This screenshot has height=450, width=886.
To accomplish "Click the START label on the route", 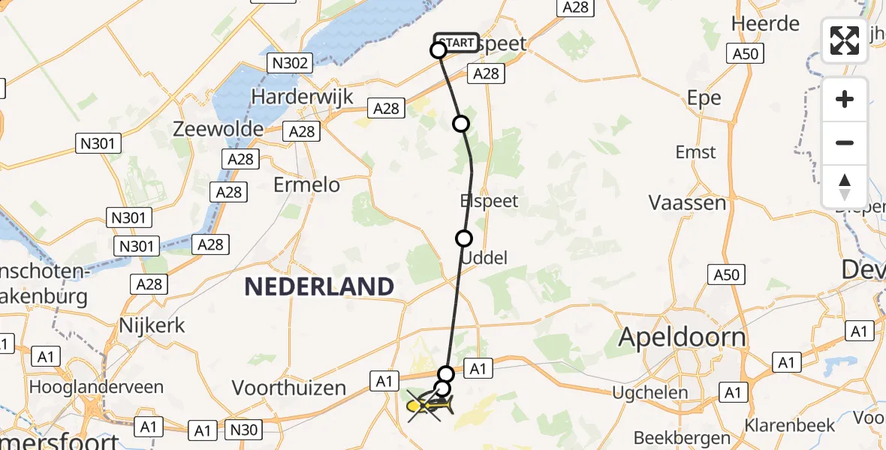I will click(x=456, y=43).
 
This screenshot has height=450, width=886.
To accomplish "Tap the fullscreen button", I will click(x=845, y=40).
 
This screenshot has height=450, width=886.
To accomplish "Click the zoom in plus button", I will click(x=845, y=99).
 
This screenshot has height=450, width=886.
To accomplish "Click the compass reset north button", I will click(x=845, y=187).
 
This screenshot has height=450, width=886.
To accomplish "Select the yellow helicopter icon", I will click(x=429, y=406).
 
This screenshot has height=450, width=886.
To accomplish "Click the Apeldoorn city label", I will click(x=682, y=337).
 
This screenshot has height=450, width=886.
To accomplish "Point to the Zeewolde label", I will click(x=218, y=128).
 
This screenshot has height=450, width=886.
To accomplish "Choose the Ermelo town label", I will click(x=306, y=184).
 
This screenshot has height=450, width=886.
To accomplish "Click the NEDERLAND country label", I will click(x=319, y=286).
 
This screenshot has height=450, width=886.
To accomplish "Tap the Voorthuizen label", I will click(x=289, y=388).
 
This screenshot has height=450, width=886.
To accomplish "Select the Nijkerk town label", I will click(x=152, y=326).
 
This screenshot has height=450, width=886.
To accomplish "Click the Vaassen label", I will click(x=687, y=202).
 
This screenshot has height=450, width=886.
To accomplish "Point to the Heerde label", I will click(x=765, y=23).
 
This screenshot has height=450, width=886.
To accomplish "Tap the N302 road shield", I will click(x=290, y=63).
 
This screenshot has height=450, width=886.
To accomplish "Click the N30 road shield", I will click(x=243, y=430).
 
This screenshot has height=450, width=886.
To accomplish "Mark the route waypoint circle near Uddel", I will click(x=464, y=238).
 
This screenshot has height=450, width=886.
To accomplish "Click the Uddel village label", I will click(x=484, y=258).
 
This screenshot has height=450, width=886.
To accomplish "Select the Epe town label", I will click(x=704, y=97).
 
